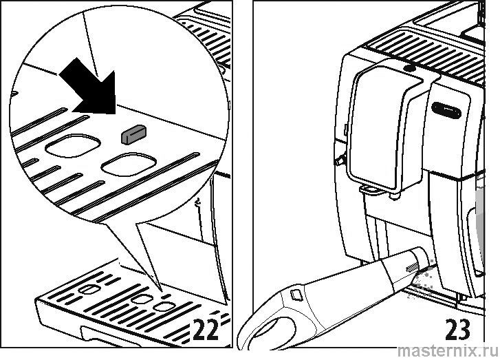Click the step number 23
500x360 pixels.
[457, 329]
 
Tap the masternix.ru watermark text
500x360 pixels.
[448, 351]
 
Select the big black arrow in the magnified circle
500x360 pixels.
[89, 87]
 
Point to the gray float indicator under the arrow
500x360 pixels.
[133, 134]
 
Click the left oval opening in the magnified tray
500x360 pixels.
[73, 145]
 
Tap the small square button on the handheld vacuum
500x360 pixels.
[296, 294]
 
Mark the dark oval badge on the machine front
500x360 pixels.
[446, 110]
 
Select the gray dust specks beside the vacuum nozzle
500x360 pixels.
[420, 281]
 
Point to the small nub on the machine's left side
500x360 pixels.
[339, 158]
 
